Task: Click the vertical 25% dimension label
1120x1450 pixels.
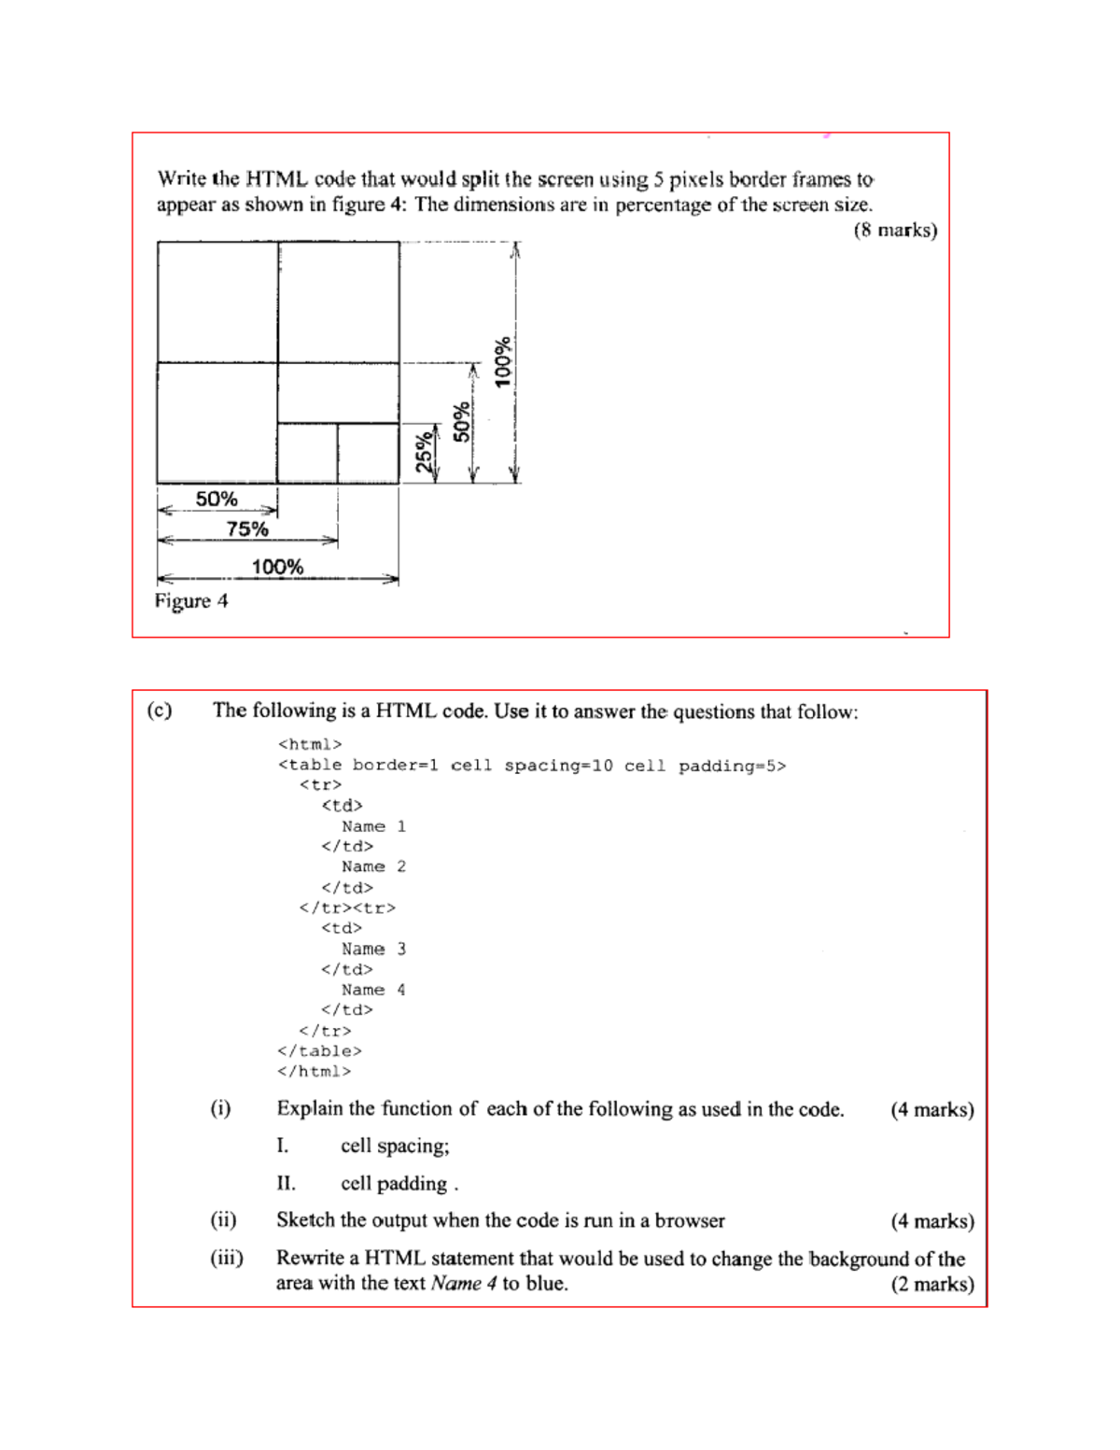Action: click(425, 452)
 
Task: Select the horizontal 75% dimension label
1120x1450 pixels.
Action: click(247, 529)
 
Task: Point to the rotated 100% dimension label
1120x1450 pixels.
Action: click(503, 362)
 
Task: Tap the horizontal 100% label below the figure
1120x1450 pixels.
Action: click(277, 567)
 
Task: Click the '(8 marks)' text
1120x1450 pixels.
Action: click(895, 230)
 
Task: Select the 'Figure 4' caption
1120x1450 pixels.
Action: click(191, 601)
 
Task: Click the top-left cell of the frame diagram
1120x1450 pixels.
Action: click(217, 302)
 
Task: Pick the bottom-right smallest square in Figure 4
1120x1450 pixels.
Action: click(368, 453)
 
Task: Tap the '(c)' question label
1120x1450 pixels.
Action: click(160, 711)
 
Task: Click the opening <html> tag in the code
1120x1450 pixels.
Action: click(310, 744)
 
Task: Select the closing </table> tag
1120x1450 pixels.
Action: click(319, 1051)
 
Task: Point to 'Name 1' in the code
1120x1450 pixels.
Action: click(373, 826)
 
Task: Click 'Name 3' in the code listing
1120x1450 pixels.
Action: click(373, 949)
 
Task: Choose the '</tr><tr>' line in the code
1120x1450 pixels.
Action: click(347, 908)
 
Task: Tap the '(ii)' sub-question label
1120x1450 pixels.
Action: click(223, 1220)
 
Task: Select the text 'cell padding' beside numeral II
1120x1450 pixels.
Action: click(394, 1184)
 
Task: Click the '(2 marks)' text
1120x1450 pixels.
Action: click(931, 1284)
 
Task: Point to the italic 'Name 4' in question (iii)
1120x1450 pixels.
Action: click(464, 1284)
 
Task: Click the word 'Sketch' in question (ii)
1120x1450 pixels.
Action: click(305, 1220)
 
